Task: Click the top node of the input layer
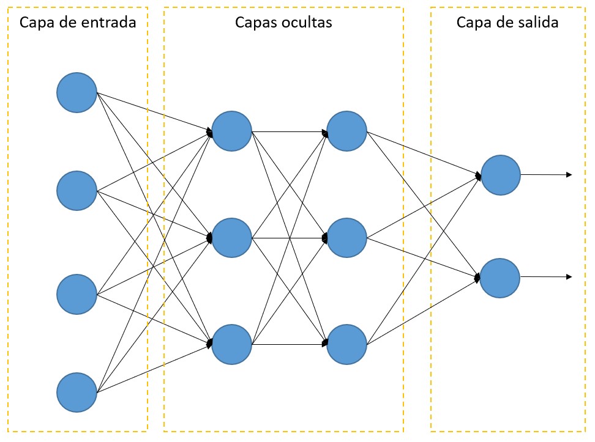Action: pos(77,92)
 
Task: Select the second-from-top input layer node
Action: pos(77,191)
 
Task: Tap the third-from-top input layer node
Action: pos(77,294)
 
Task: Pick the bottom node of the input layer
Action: pos(77,392)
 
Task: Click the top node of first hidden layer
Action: pos(232,131)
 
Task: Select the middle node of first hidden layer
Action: pos(232,237)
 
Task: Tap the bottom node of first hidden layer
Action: pos(232,344)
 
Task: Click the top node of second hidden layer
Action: pos(346,131)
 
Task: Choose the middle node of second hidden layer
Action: pos(346,237)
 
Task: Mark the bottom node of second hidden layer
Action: pos(346,344)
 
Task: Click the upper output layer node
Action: pos(500,175)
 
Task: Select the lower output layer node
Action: pos(500,278)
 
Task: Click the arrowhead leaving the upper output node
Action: pos(569,175)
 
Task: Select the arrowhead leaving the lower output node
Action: pos(569,277)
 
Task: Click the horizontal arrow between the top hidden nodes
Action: pos(289,131)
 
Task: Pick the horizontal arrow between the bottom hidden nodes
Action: pos(289,345)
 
